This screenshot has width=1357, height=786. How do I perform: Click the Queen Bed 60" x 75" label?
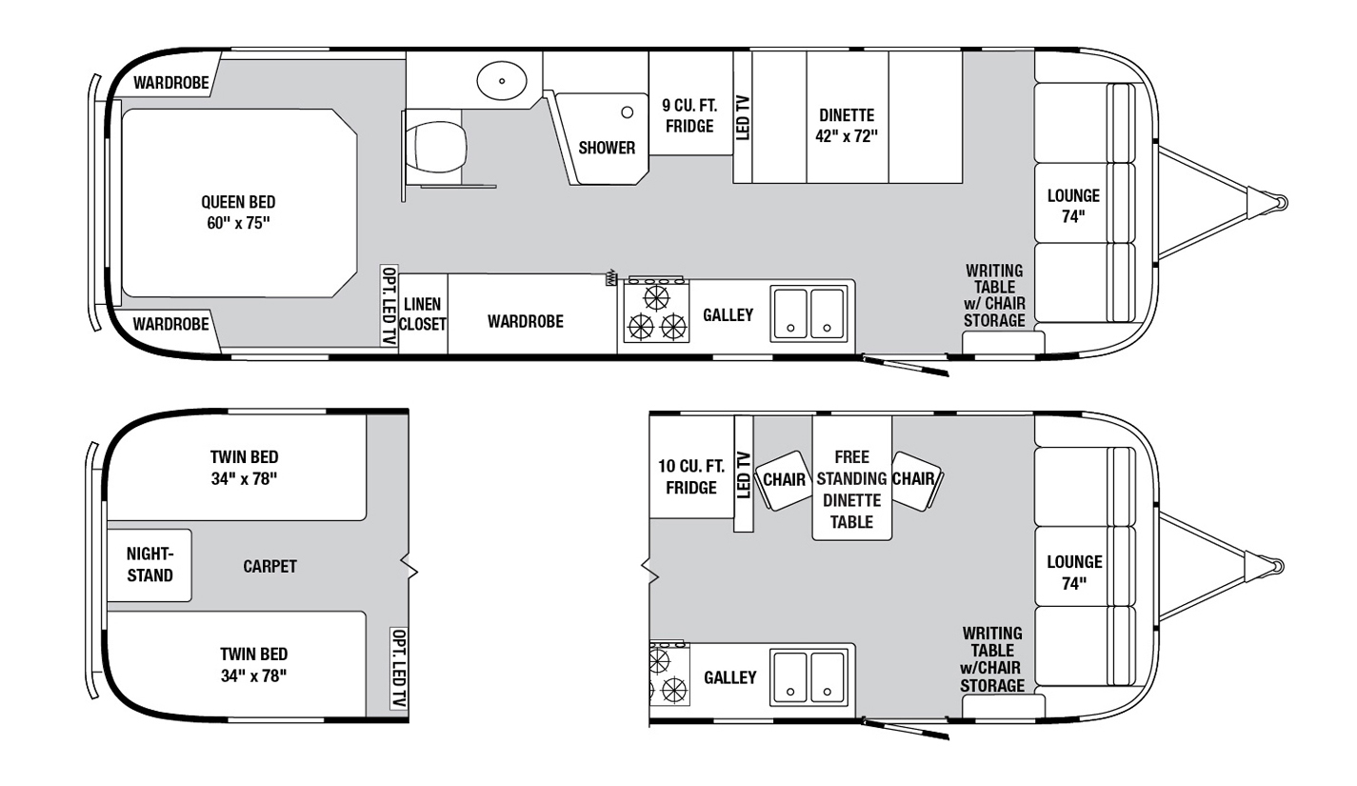(238, 212)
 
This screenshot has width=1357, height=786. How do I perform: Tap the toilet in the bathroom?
(435, 147)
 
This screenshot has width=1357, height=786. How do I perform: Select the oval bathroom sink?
(502, 81)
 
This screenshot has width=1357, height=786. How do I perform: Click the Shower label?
(607, 148)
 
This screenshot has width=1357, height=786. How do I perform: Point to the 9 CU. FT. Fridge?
(690, 103)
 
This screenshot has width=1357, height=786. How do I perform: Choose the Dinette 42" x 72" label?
(847, 126)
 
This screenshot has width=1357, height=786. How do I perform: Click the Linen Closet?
(423, 313)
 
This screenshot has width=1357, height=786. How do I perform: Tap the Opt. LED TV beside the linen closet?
(389, 306)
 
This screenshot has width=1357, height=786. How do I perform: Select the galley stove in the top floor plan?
(657, 311)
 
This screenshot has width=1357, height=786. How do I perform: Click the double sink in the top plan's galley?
(809, 313)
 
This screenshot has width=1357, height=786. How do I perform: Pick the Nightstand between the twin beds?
(150, 565)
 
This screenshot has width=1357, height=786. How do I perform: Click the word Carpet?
(269, 566)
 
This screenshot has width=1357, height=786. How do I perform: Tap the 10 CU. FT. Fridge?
(691, 467)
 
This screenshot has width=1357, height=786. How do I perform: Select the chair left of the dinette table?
(784, 480)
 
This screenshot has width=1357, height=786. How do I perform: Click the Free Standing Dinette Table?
(851, 477)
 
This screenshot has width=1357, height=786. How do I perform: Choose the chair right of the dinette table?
(916, 481)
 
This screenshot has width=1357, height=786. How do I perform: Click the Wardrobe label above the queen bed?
(170, 83)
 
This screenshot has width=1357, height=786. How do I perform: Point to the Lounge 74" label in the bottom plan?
(1074, 572)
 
